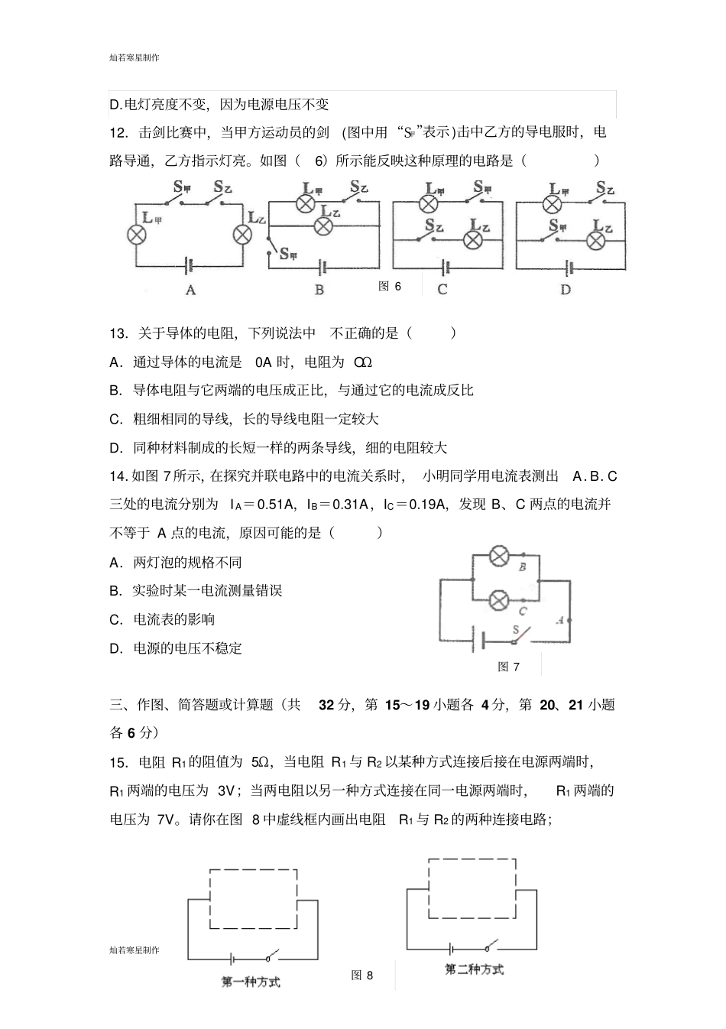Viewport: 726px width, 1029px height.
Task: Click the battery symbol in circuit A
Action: pos(189,265)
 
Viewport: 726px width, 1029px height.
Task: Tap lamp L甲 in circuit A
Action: pos(138,234)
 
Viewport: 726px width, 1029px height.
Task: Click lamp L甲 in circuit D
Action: pos(552,203)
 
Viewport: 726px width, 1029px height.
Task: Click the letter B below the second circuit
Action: pos(319,290)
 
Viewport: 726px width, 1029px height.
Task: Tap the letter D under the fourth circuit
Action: pos(565,290)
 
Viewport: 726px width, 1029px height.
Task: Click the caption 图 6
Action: pos(390,286)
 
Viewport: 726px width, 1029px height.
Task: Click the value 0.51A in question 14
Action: pos(278,505)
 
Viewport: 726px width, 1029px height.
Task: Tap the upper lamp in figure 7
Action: pos(499,557)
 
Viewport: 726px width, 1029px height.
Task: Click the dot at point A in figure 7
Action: pos(570,621)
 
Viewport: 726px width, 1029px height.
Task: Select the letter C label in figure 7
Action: pos(523,612)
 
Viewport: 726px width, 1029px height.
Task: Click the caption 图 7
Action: pos(508,667)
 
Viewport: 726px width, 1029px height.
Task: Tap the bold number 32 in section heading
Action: pos(326,705)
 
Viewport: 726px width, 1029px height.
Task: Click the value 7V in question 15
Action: pos(167,820)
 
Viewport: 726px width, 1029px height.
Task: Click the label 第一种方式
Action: pos(251,982)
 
